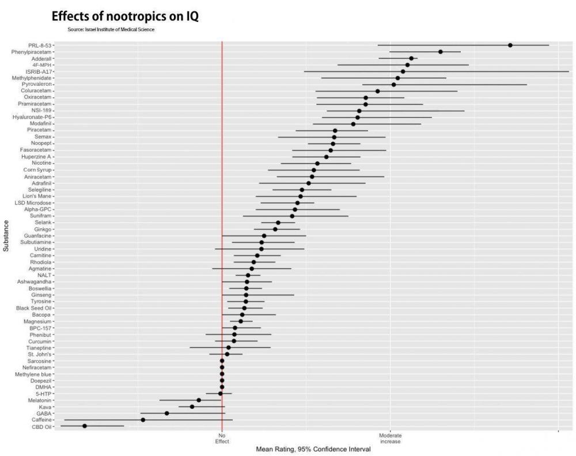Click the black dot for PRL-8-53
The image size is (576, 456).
click(x=510, y=45)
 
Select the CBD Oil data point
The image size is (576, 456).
click(x=85, y=426)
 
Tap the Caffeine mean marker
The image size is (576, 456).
click(x=143, y=420)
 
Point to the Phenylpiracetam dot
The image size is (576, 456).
click(x=441, y=52)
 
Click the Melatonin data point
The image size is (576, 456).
click(x=199, y=400)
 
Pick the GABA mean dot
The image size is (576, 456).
click(x=167, y=413)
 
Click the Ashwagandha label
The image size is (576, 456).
click(x=35, y=282)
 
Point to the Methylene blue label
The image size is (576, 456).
click(x=33, y=374)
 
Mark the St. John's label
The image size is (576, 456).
click(x=39, y=354)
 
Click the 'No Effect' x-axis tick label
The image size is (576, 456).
click(x=222, y=438)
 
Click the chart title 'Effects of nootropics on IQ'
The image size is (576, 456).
click(x=125, y=17)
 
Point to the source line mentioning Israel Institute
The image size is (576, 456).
click(x=111, y=29)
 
